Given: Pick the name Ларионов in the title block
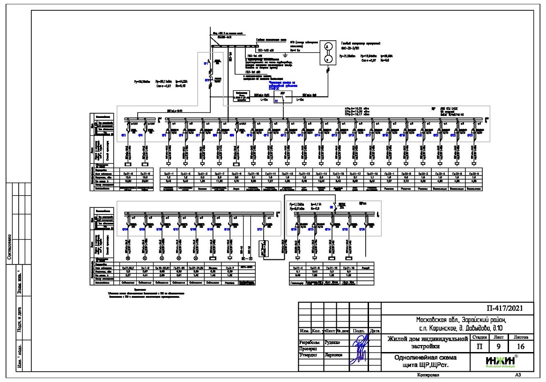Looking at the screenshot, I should (340, 355).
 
